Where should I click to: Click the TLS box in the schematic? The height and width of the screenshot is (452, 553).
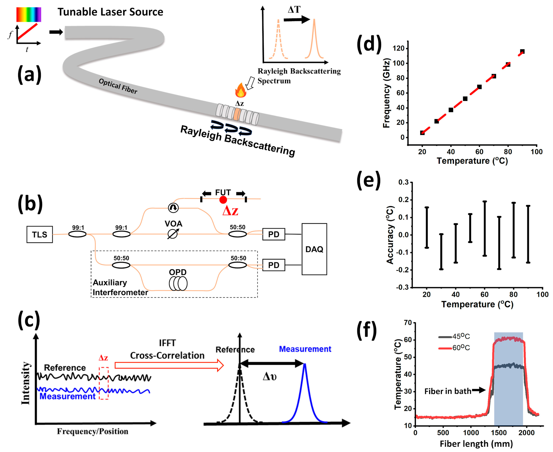pyautogui.click(x=40, y=234)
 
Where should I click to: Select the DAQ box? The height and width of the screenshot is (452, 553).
pyautogui.click(x=314, y=249)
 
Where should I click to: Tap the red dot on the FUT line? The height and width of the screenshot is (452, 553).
pyautogui.click(x=223, y=200)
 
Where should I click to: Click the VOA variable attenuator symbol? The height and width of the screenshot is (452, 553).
pyautogui.click(x=172, y=234)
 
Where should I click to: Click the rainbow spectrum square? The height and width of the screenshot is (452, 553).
pyautogui.click(x=29, y=14)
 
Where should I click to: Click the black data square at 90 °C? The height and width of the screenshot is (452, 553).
pyautogui.click(x=522, y=52)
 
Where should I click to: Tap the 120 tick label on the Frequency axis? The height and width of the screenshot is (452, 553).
pyautogui.click(x=398, y=48)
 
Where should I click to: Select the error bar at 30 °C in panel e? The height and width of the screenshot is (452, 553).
pyautogui.click(x=441, y=252)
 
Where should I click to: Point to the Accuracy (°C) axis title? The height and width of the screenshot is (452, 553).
pyautogui.click(x=390, y=235)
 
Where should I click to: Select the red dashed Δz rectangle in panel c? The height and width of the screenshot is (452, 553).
pyautogui.click(x=104, y=383)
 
